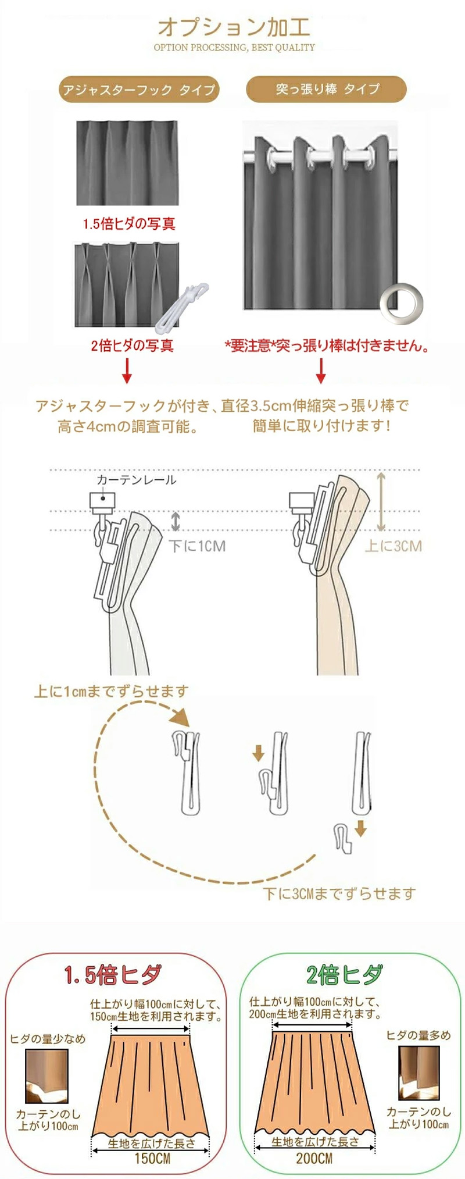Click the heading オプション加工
pyautogui.click(x=234, y=27)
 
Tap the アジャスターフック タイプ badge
pyautogui.click(x=138, y=90)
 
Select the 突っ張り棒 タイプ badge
pyautogui.click(x=327, y=89)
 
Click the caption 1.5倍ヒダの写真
pyautogui.click(x=128, y=223)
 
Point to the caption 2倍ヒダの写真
pyautogui.click(x=132, y=345)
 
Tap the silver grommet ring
pyautogui.click(x=401, y=303)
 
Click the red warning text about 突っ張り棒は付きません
pyautogui.click(x=328, y=346)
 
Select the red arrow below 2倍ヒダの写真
pyautogui.click(x=127, y=371)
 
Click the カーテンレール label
pyautogui.click(x=136, y=480)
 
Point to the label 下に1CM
pyautogui.click(x=197, y=546)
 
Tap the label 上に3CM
pyautogui.click(x=393, y=546)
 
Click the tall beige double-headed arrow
pyautogui.click(x=381, y=501)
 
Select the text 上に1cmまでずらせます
pyautogui.click(x=112, y=691)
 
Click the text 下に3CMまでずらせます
pyautogui.click(x=339, y=893)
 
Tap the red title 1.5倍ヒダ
pyautogui.click(x=113, y=974)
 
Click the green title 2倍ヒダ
pyautogui.click(x=345, y=974)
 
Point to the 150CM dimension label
pyautogui.click(x=152, y=1158)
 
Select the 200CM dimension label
pyautogui.click(x=314, y=1158)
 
